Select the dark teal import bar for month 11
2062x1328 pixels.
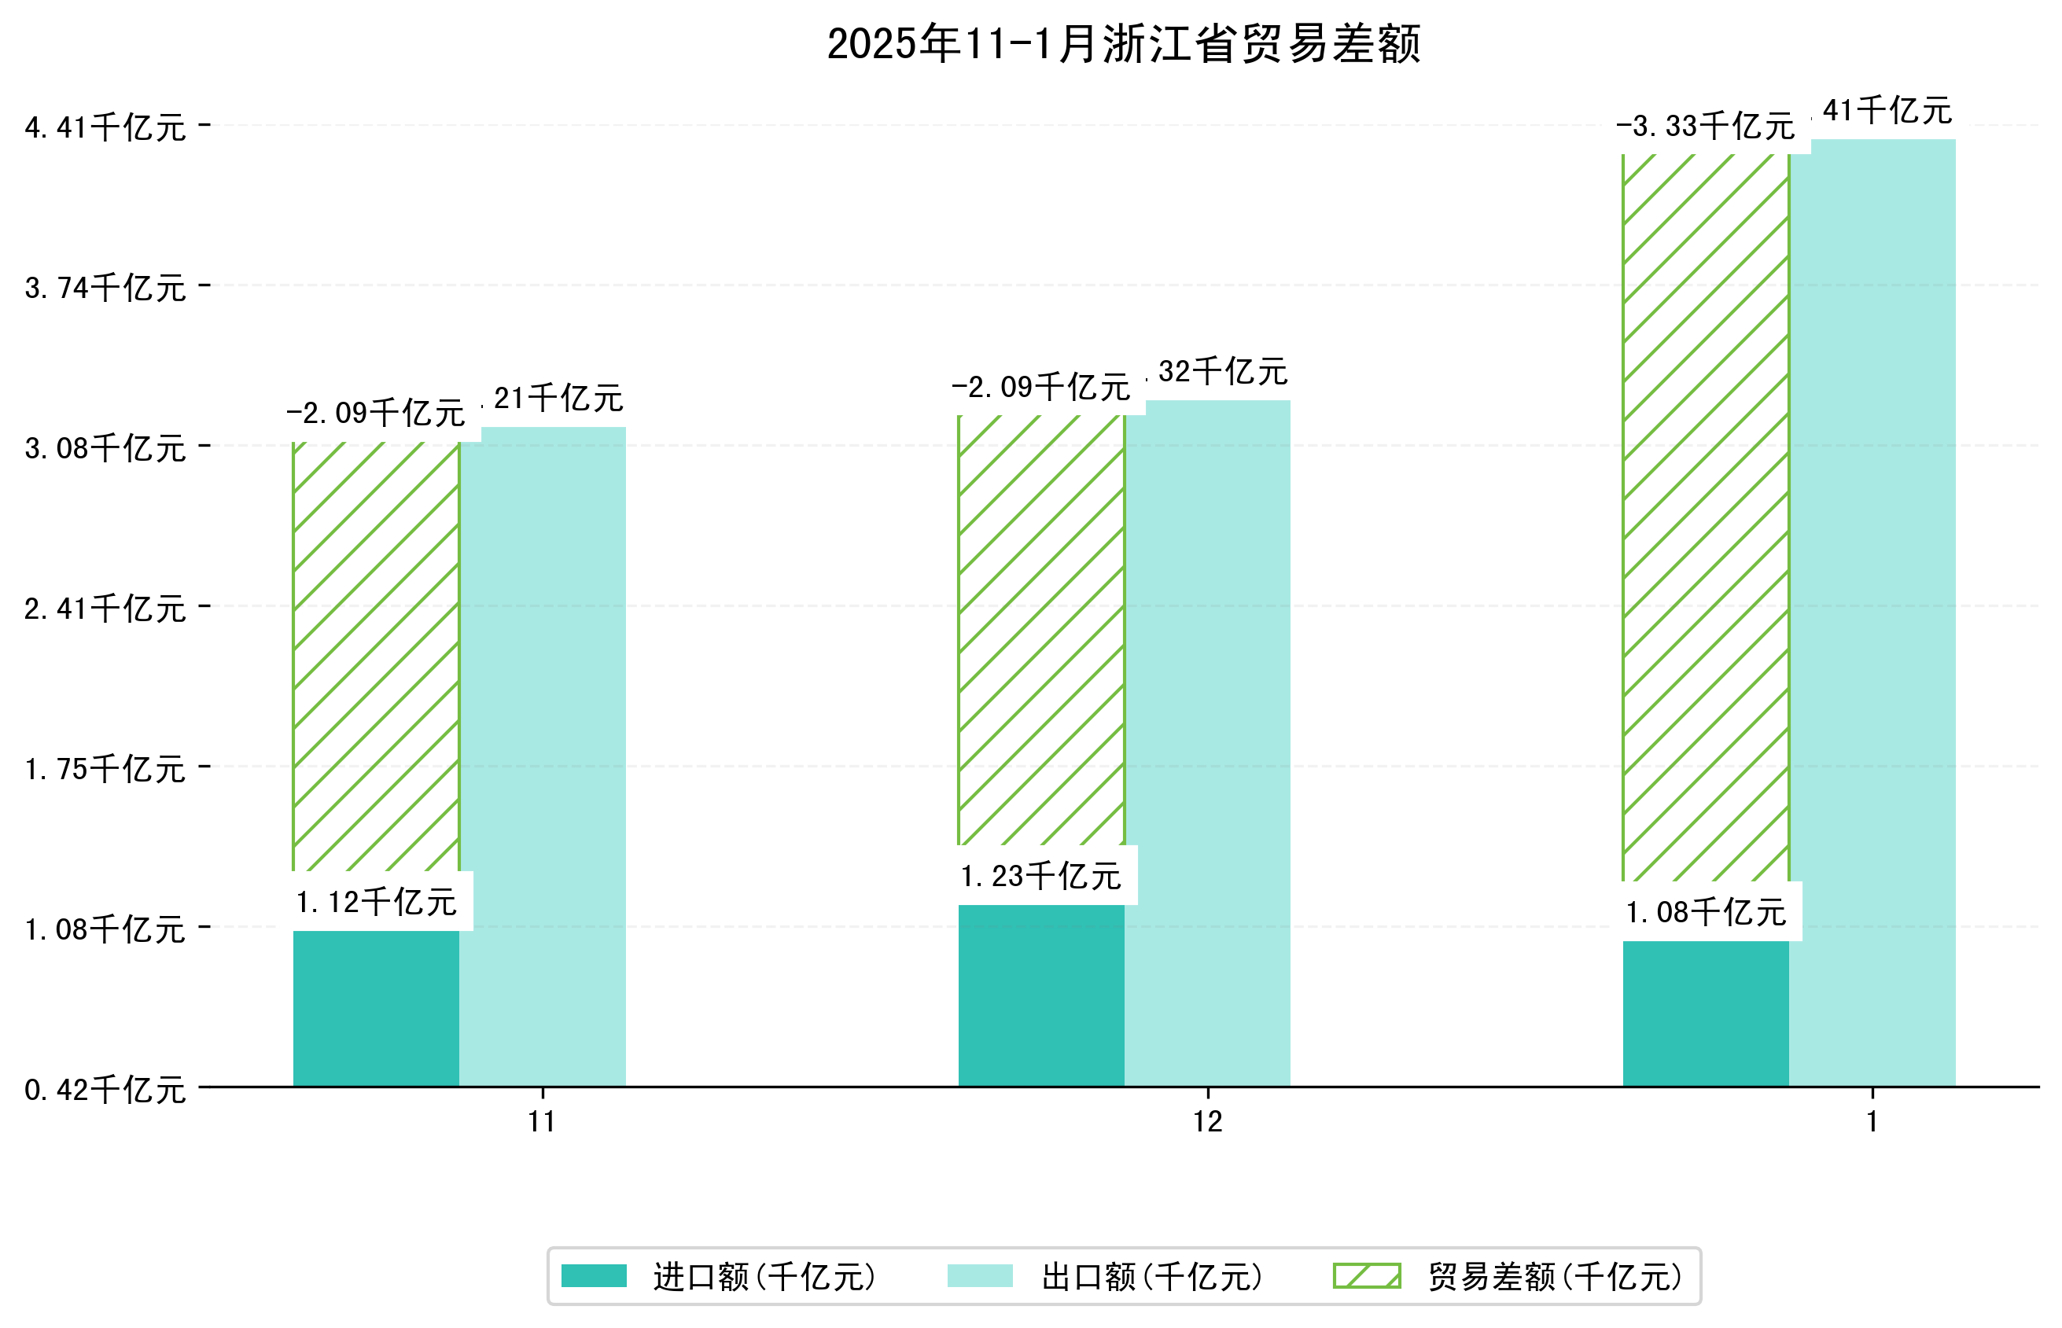tap(376, 1008)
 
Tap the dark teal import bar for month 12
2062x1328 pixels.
tap(1041, 995)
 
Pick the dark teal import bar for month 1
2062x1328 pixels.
tap(1705, 1013)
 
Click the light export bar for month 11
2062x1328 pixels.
tap(543, 759)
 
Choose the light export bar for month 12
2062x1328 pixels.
tap(1207, 746)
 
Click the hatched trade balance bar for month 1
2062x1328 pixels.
tap(1705, 517)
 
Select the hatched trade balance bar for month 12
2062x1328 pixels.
tap(1041, 630)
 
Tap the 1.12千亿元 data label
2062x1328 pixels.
tap(376, 902)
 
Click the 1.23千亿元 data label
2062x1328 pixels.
tap(1041, 876)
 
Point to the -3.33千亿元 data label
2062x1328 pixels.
tap(1705, 127)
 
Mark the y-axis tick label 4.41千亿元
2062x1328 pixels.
tap(105, 127)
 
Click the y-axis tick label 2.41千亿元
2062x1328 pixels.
tap(105, 609)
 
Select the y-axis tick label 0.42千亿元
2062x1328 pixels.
tap(105, 1090)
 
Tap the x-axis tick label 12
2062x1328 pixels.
tap(1207, 1122)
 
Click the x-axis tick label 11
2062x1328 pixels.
tap(542, 1122)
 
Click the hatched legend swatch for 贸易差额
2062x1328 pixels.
tap(1366, 1276)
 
